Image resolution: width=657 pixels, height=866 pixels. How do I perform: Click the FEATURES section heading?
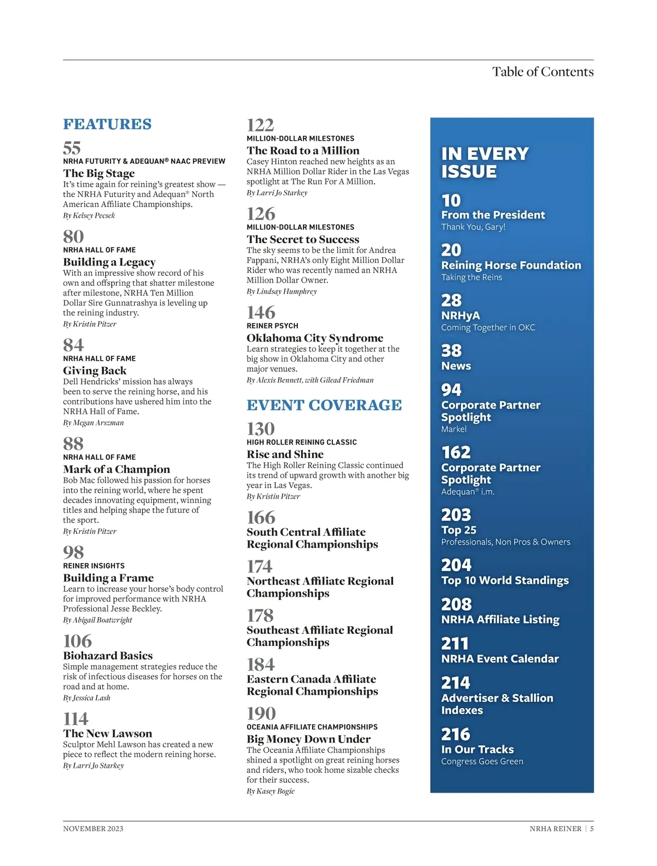tap(107, 124)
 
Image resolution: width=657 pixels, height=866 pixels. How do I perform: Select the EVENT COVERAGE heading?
tap(324, 405)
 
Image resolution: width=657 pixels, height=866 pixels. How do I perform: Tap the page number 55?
tap(72, 148)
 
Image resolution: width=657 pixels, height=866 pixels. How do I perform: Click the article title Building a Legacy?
tap(109, 262)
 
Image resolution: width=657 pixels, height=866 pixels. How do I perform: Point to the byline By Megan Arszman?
tap(94, 423)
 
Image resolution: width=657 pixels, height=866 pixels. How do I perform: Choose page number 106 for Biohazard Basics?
tap(78, 641)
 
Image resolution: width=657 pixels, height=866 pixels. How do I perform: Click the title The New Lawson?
tap(107, 734)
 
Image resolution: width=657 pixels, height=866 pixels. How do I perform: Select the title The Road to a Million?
tap(303, 151)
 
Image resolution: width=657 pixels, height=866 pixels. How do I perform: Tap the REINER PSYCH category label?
tap(272, 326)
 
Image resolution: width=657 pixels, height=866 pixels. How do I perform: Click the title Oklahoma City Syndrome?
tap(315, 338)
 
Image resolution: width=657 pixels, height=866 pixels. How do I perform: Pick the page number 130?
tap(261, 429)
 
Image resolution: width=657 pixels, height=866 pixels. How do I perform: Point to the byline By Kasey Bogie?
tap(270, 791)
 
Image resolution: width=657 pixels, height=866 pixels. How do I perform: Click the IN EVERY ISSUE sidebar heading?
tap(485, 163)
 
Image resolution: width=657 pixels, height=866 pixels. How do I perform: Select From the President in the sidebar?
tap(493, 215)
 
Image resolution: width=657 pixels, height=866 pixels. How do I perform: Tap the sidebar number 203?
tap(456, 515)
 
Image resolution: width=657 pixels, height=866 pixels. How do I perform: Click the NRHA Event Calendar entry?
tap(500, 659)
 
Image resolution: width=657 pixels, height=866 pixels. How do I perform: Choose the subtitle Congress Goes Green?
tap(482, 761)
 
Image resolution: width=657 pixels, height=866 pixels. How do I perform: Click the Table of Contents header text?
tap(543, 72)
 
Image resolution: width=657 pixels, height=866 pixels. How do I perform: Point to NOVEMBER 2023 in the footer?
tap(93, 829)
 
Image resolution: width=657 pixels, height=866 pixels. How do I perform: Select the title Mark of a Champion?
tap(117, 469)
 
